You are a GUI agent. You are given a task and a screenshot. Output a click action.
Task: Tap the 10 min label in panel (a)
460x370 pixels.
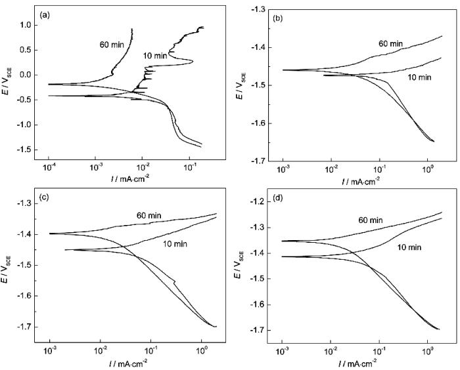click(x=154, y=54)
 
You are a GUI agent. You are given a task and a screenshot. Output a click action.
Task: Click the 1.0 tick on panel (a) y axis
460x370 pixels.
click(x=26, y=26)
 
